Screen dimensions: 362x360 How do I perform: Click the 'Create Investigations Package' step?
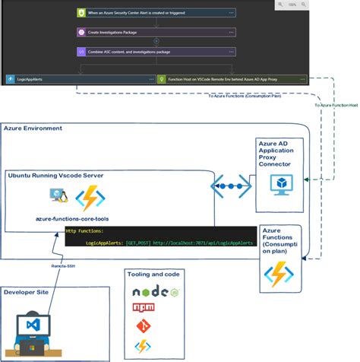click(114, 33)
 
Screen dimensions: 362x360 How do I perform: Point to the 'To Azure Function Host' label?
click(336, 105)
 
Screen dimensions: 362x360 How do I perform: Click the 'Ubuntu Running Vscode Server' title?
click(55, 175)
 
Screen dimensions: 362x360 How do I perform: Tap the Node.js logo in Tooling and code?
click(144, 291)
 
